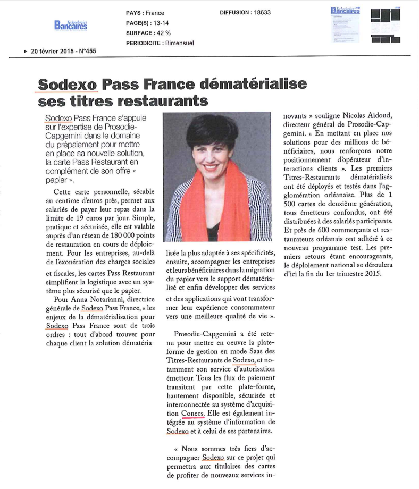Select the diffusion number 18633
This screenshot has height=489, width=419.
pos(260,13)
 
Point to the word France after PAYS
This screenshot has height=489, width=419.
pos(154,13)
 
